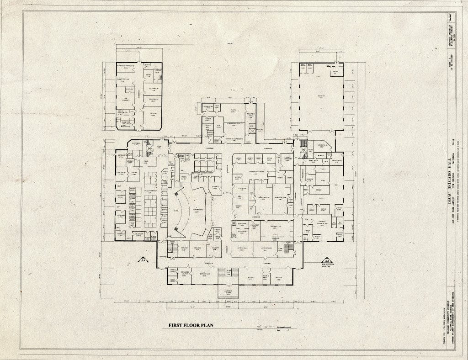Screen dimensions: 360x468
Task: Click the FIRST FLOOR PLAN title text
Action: point(188,325)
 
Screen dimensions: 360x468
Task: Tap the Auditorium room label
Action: point(198,210)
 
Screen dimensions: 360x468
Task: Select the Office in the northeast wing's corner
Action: point(335,72)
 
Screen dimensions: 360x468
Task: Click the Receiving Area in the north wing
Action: point(251,116)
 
